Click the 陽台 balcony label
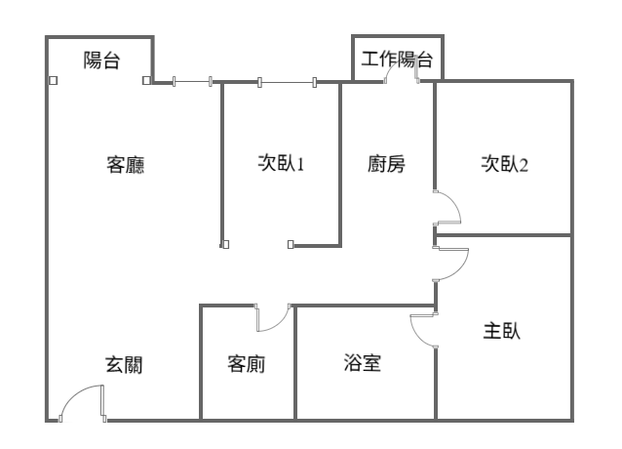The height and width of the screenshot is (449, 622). tap(101, 61)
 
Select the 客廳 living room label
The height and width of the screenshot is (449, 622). tap(126, 164)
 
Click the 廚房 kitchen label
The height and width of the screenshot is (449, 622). tap(387, 163)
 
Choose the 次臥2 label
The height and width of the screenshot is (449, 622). tap(504, 163)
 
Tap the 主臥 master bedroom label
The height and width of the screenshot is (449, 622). tap(502, 331)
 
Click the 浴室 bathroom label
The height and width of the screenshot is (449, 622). tap(363, 364)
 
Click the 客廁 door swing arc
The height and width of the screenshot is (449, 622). tap(274, 320)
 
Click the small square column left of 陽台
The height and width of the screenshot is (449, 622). tap(53, 81)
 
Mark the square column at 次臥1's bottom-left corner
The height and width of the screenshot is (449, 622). tap(224, 244)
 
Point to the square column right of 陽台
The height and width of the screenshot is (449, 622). tap(146, 81)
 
